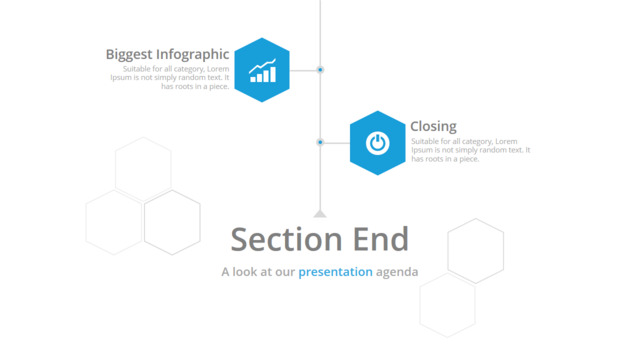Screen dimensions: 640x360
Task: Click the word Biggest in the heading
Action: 129,55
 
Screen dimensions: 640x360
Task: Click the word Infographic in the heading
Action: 193,55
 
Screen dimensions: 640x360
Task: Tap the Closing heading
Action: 433,127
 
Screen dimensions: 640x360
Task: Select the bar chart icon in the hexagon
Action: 262,71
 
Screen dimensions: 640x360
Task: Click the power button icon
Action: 378,143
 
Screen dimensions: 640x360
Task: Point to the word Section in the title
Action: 286,239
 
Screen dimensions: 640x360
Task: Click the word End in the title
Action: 380,239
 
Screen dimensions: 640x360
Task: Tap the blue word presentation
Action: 335,272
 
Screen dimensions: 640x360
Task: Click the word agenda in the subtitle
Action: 397,273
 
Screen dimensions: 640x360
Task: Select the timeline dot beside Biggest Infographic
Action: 320,70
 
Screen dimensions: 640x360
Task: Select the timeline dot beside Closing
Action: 320,142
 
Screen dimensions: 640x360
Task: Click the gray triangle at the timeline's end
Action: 320,213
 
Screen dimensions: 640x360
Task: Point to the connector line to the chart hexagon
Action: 303,70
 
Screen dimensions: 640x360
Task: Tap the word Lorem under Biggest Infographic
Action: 218,69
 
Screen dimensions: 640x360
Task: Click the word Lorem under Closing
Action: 506,141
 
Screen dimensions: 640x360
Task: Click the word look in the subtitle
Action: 247,272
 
